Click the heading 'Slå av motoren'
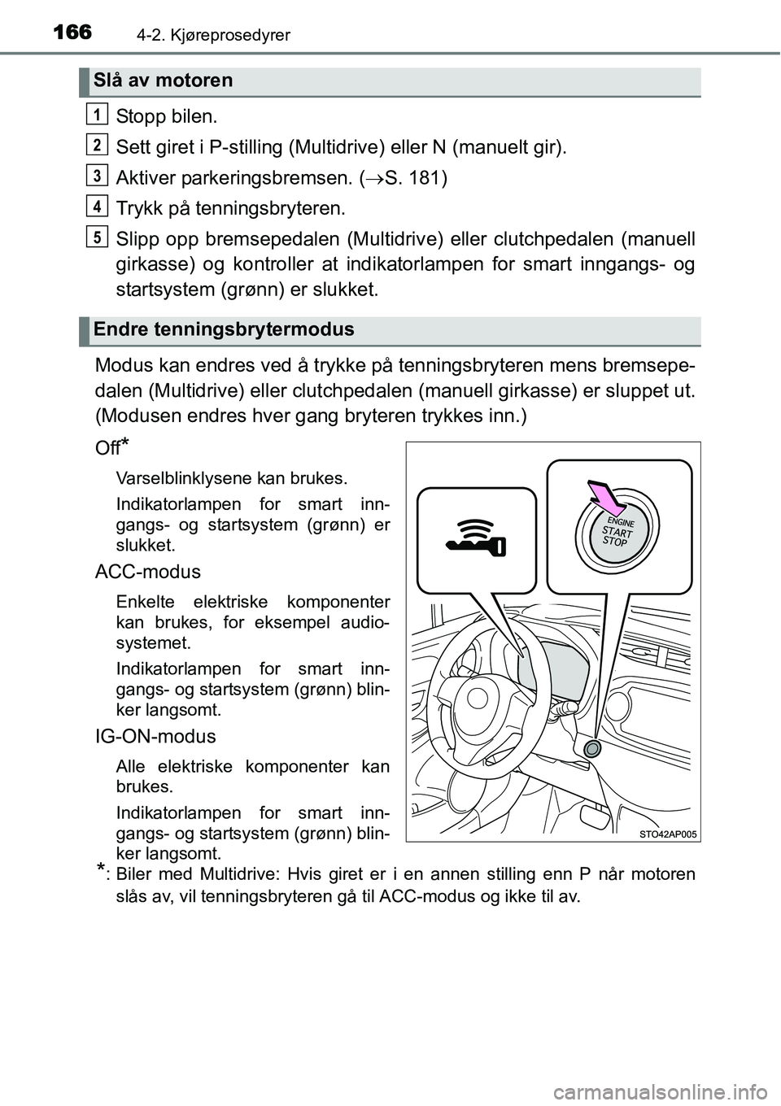coord(163,81)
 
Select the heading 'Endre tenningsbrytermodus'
coord(224,329)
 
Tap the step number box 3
coord(97,175)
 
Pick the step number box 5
coord(97,237)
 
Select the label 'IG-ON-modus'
coord(155,737)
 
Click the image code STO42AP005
coord(668,834)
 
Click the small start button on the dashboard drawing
coord(592,748)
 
